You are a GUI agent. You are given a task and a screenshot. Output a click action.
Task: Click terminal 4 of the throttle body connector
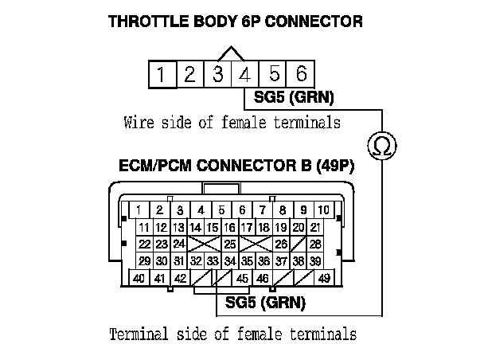(x=245, y=75)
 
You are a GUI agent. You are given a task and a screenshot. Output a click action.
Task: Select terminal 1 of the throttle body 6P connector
(x=161, y=75)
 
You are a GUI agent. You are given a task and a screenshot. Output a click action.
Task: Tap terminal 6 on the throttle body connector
(x=301, y=75)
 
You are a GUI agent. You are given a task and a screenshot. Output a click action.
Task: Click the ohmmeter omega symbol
(x=383, y=146)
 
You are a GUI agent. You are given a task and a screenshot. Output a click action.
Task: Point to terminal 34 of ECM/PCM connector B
(x=229, y=260)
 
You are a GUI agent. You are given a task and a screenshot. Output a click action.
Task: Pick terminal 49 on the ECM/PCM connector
(x=323, y=278)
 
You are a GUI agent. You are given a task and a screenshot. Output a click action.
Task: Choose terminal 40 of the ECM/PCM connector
(x=139, y=278)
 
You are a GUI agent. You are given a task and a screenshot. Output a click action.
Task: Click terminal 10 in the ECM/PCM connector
(x=323, y=210)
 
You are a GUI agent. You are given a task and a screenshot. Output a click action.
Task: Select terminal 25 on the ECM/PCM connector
(x=229, y=244)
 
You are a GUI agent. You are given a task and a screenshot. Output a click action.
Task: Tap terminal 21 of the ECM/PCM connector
(x=316, y=227)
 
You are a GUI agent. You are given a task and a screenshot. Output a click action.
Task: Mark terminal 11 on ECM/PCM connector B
(x=144, y=227)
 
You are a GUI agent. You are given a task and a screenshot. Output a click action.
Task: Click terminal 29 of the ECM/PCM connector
(x=144, y=260)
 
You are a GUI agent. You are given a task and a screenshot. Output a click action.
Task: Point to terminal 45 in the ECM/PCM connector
(x=242, y=278)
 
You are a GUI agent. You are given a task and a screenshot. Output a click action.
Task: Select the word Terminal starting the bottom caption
(x=137, y=332)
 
